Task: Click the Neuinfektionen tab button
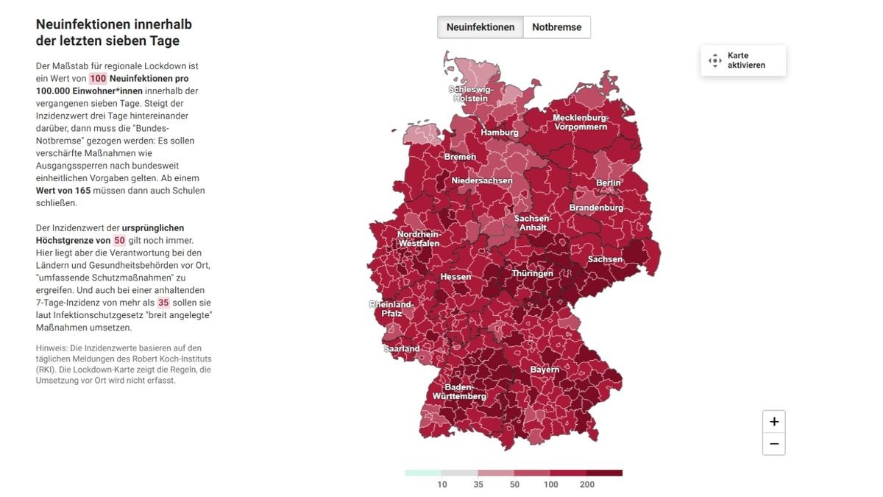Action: [x=480, y=27]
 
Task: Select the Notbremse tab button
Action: [x=556, y=27]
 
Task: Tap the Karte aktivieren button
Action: [x=743, y=60]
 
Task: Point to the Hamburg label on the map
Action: [x=500, y=133]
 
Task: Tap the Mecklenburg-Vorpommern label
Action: [x=581, y=122]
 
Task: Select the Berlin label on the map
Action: [x=609, y=183]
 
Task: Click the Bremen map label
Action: [x=460, y=157]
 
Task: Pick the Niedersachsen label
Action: [x=482, y=180]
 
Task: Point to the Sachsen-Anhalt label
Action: [x=533, y=222]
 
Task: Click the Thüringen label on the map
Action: [x=532, y=273]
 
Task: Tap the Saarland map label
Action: [x=402, y=348]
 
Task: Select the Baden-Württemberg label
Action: [x=459, y=392]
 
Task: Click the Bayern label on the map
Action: [x=545, y=370]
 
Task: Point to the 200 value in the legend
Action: [x=586, y=484]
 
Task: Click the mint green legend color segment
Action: [x=422, y=473]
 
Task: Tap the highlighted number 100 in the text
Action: [x=98, y=78]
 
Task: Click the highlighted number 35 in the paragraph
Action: [x=163, y=303]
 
